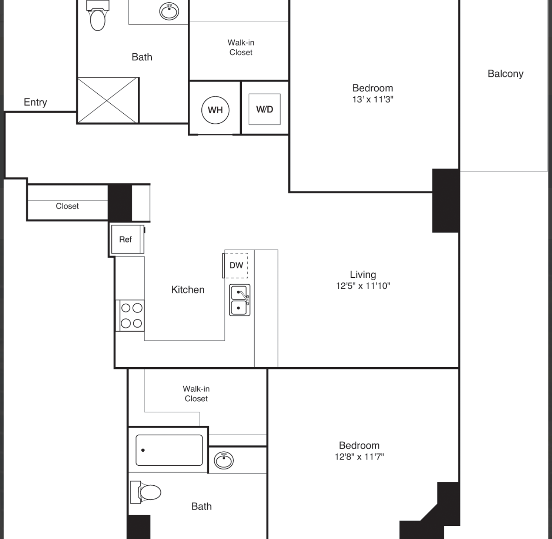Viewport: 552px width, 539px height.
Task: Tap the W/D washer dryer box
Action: (x=264, y=109)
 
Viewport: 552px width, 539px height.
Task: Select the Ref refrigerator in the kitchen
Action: (x=128, y=239)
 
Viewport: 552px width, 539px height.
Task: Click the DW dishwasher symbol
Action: (x=235, y=265)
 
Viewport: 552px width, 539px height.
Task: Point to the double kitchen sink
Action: (x=240, y=300)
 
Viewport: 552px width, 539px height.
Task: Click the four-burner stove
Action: (x=130, y=316)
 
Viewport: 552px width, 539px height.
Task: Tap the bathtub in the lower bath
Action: (x=169, y=450)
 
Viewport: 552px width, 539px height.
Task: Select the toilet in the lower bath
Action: (x=146, y=492)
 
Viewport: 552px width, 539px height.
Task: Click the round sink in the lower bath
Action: (x=224, y=461)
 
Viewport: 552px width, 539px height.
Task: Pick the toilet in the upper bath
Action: (x=98, y=15)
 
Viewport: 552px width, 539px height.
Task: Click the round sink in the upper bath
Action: (x=169, y=11)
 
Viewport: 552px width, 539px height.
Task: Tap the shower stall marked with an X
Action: (x=108, y=100)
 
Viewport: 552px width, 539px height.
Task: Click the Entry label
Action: (x=36, y=102)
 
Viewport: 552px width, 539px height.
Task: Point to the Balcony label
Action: (x=506, y=74)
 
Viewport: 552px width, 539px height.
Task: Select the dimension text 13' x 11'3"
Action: (x=373, y=99)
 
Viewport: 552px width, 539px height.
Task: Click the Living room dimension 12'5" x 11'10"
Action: (x=363, y=286)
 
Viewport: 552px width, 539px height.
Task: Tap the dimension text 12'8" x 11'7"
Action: (x=359, y=457)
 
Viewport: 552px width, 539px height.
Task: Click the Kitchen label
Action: (x=188, y=290)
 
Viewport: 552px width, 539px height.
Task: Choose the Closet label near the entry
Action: (x=67, y=206)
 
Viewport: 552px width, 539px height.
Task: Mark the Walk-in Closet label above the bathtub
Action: (x=196, y=393)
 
